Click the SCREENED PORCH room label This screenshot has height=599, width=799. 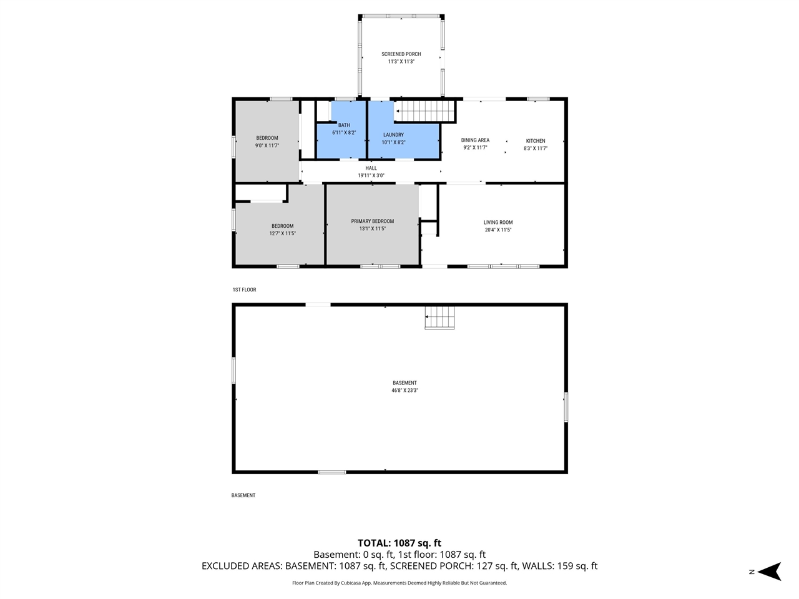click(401, 54)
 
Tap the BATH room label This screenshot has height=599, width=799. click(344, 125)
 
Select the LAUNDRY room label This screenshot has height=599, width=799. click(393, 135)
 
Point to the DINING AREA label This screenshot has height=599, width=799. click(475, 140)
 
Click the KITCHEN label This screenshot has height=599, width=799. click(536, 141)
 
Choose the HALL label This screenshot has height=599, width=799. click(371, 168)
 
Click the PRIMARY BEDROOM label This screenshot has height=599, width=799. click(372, 222)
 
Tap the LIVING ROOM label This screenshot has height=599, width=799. click(498, 223)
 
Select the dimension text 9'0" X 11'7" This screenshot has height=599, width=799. click(267, 145)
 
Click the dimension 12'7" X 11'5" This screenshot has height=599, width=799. click(282, 233)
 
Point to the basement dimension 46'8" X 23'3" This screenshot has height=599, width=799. click(404, 391)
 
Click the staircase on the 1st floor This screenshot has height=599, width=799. click(426, 112)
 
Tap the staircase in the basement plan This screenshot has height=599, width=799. click(439, 318)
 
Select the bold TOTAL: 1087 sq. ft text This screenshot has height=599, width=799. click(399, 543)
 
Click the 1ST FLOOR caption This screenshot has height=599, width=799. click(244, 290)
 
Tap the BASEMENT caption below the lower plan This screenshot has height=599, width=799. click(243, 495)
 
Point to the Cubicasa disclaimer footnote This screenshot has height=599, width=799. click(399, 583)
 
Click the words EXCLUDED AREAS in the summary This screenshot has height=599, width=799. click(242, 566)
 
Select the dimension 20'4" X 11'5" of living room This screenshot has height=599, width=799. click(498, 230)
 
